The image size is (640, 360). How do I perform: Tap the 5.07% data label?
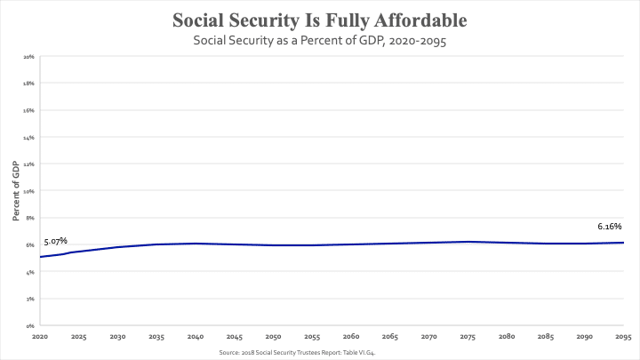click(55, 241)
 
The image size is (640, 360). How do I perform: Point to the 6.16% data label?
click(610, 227)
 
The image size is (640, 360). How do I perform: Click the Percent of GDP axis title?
click(16, 190)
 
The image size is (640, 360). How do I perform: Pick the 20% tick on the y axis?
click(29, 57)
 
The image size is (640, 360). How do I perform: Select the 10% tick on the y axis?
click(29, 191)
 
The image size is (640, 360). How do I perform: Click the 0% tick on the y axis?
click(30, 326)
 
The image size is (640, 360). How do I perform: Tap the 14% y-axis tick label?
click(29, 138)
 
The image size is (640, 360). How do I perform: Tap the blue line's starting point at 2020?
click(41, 257)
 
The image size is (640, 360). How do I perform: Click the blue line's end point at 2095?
click(623, 243)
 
